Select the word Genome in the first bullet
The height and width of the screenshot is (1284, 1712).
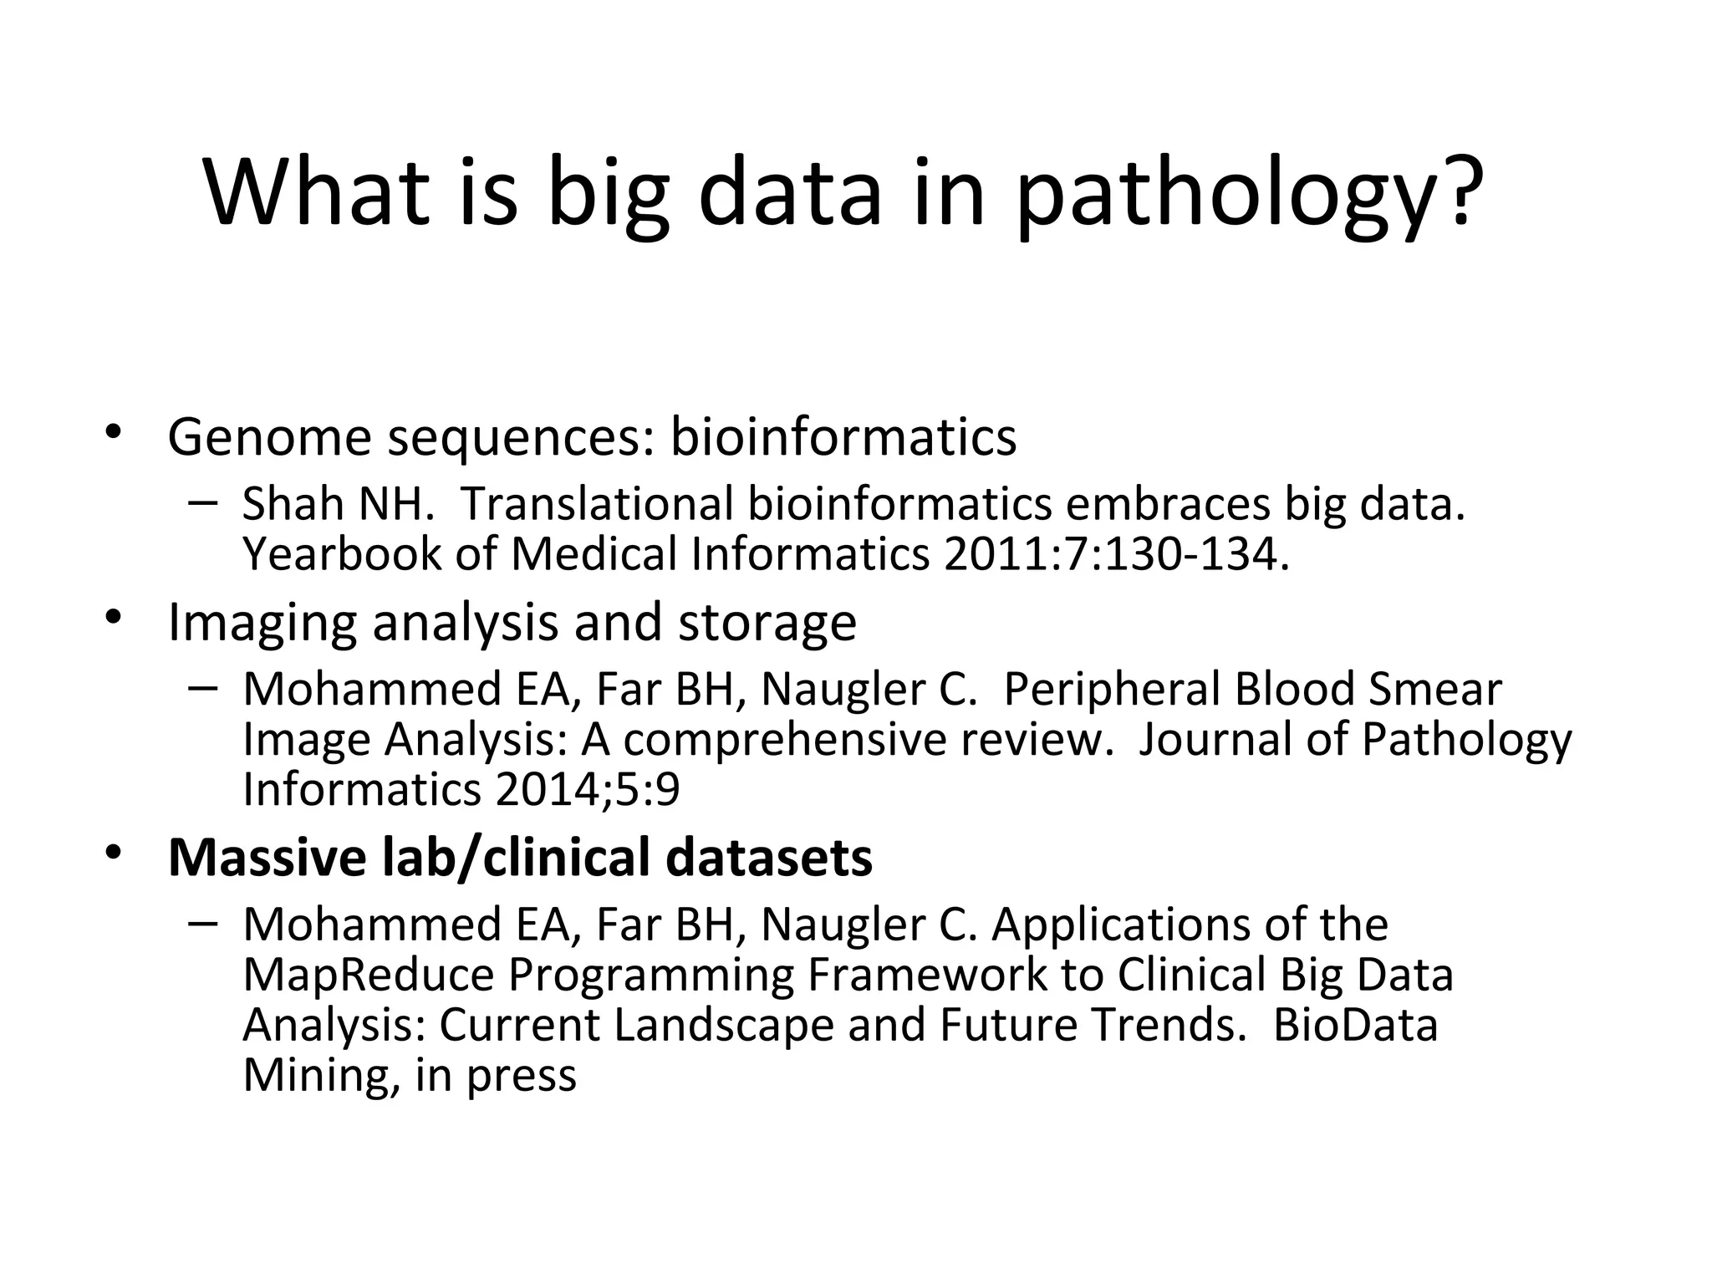pos(269,436)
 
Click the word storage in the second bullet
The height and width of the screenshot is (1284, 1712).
pos(767,623)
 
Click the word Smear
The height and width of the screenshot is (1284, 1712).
pos(1434,690)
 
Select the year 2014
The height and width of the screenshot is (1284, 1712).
pos(541,789)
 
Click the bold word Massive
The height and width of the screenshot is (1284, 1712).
pos(267,858)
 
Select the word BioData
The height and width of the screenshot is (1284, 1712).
pos(1355,1025)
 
